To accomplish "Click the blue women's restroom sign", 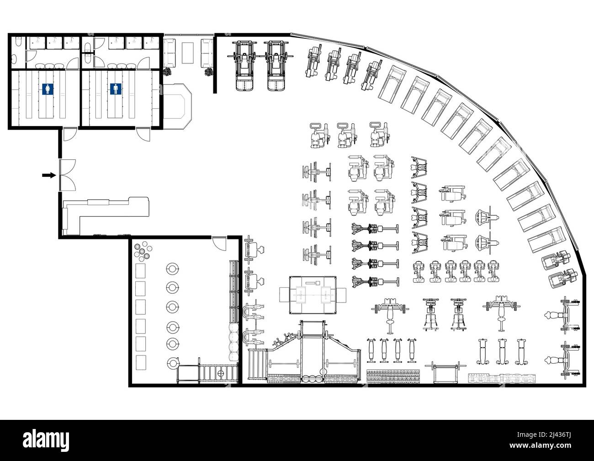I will (x=46, y=89).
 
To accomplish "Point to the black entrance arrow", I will (x=48, y=175).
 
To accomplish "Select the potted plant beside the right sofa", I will (x=209, y=71).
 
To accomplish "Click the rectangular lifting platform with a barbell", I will (x=313, y=295).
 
